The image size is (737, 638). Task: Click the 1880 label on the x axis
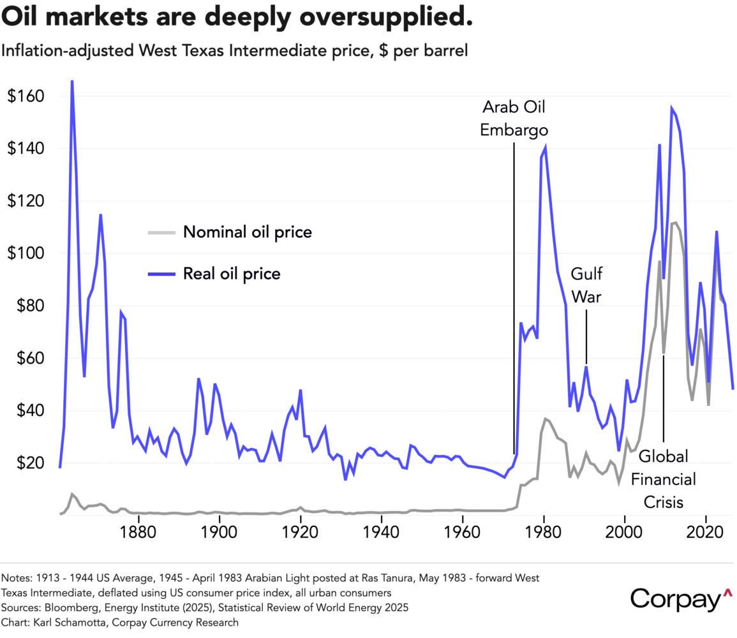point(138,533)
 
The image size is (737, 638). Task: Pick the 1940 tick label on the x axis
point(382,533)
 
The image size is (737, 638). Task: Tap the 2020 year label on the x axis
point(706,533)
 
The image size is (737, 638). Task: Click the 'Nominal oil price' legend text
point(248,232)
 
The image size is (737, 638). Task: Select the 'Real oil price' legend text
point(232,274)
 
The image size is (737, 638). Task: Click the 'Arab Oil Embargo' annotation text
point(514,118)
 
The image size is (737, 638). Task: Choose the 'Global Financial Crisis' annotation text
point(664,479)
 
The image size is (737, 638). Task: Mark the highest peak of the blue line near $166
point(72,81)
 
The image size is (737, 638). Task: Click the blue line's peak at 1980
point(545,147)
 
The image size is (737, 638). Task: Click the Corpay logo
point(680,600)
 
